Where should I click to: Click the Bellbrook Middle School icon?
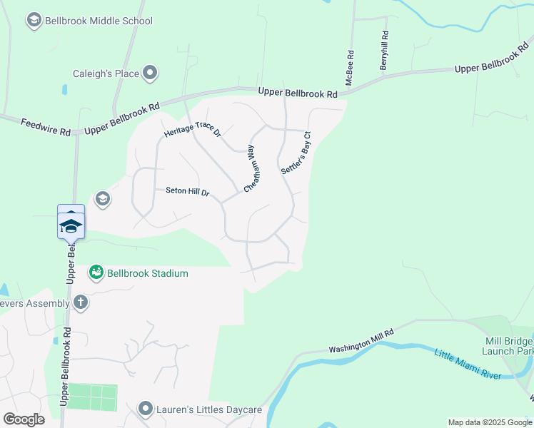point(34,21)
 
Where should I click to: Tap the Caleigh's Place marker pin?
point(150,73)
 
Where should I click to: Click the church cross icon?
point(80,302)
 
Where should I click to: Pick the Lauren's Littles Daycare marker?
point(146,409)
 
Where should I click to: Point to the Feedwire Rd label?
point(46,127)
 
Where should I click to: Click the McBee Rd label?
point(350,68)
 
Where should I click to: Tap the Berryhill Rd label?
point(385,50)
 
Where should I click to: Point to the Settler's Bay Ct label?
point(296,153)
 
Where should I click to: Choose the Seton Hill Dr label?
point(187,191)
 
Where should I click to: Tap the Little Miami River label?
point(468,363)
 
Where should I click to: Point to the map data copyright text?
point(490,422)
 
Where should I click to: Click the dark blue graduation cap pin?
point(71,226)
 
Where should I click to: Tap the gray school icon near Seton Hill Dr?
point(103,198)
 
